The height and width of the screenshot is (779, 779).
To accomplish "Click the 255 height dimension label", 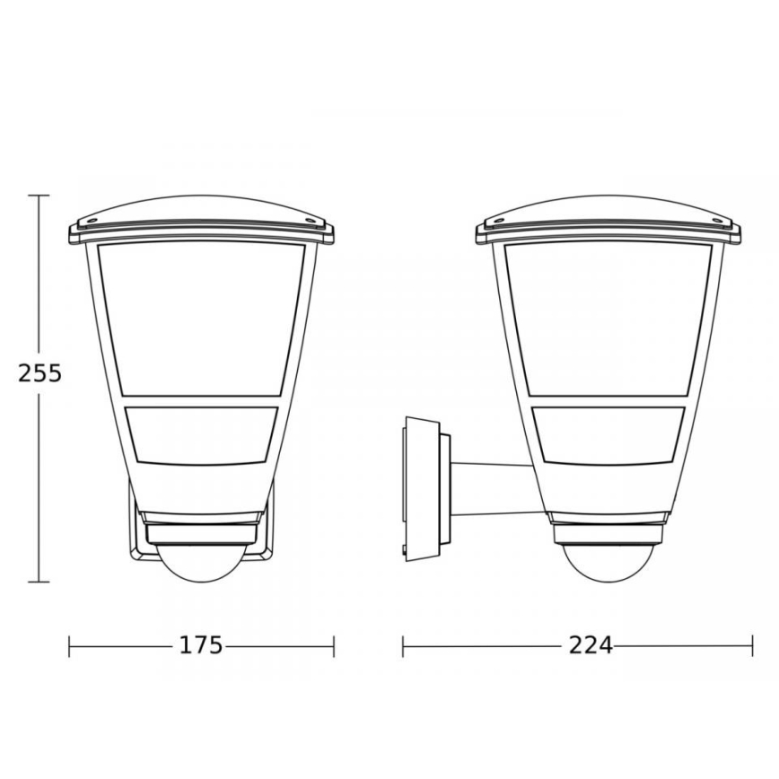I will [39, 372].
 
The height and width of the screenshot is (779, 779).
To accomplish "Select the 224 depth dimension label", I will [591, 645].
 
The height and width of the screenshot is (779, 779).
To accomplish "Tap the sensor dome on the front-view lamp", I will [202, 564].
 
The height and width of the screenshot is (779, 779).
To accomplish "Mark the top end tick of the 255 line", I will [38, 195].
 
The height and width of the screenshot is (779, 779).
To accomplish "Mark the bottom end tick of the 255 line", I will [38, 582].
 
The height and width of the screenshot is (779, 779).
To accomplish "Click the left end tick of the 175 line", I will [70, 645].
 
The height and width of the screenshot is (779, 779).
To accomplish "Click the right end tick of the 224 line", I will [751, 645].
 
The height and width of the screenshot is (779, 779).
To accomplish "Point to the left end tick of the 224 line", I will [403, 645].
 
